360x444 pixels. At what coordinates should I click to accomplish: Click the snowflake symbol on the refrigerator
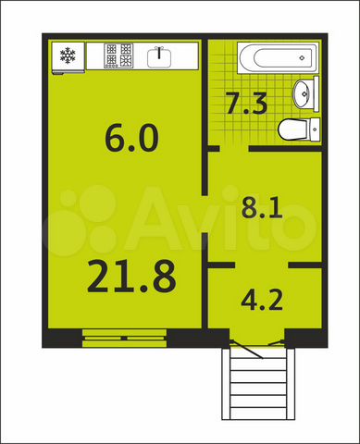click(x=68, y=55)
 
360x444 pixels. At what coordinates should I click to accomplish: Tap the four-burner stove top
click(x=119, y=55)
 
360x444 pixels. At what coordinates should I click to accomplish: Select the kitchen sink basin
click(x=159, y=57)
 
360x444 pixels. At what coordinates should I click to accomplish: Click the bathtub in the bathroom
click(x=277, y=58)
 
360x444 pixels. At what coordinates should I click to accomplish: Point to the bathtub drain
click(x=302, y=57)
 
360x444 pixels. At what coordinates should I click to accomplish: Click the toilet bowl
click(x=293, y=129)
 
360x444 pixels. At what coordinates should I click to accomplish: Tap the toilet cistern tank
click(x=315, y=129)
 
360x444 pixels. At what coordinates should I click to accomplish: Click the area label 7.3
click(x=247, y=103)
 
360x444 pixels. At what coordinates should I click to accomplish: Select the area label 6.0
click(x=132, y=139)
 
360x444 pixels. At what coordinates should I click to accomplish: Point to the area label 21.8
click(x=132, y=277)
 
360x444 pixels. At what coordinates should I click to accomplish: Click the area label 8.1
click(x=262, y=207)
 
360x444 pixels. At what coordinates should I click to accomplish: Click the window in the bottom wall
click(x=125, y=339)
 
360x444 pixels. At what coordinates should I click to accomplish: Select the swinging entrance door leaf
click(x=246, y=350)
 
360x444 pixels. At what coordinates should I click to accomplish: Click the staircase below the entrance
click(x=258, y=383)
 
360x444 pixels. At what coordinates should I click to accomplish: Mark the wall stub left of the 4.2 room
click(x=221, y=265)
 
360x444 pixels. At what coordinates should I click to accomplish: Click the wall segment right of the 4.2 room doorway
click(x=305, y=265)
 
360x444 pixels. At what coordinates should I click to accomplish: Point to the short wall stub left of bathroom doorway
click(x=214, y=149)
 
